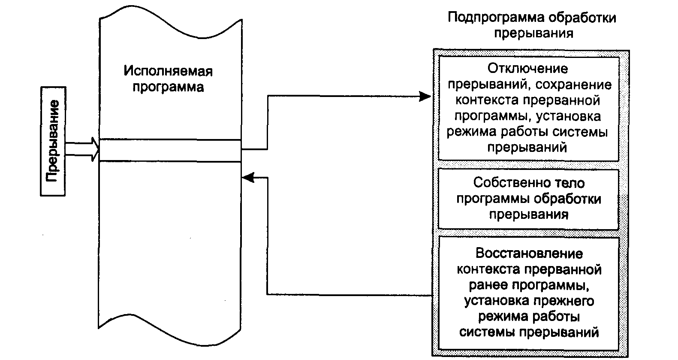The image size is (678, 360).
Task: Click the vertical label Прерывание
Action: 53,142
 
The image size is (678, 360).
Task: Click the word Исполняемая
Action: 168,71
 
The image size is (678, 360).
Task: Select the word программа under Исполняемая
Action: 168,87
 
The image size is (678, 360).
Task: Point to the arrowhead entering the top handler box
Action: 425,97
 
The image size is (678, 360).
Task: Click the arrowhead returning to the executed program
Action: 248,177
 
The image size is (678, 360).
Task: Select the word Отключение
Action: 527,69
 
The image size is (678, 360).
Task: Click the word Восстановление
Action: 529,254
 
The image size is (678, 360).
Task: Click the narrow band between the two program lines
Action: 170,151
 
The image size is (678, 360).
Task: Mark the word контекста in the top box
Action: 483,100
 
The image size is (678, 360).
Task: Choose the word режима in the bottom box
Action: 500,317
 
